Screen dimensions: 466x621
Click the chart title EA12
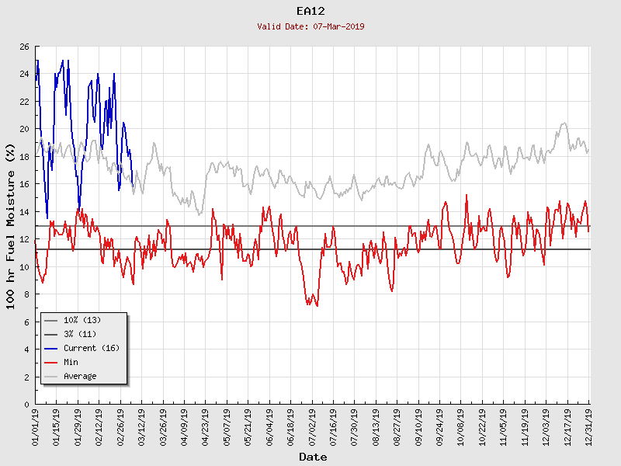tap(310, 11)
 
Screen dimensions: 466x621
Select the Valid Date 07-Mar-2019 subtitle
tap(310, 26)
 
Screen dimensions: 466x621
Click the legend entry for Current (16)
tap(91, 348)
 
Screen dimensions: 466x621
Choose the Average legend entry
tap(80, 376)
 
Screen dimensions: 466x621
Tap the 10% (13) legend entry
tap(82, 320)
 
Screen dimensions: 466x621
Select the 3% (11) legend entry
tap(80, 334)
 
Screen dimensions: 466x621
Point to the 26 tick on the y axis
tap(23, 47)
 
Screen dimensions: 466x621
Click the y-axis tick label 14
tap(23, 212)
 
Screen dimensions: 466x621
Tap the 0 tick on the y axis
tap(26, 405)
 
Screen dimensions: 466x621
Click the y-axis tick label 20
tap(23, 129)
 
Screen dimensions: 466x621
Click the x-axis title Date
tap(313, 457)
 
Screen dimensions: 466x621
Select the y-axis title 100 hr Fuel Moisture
tap(11, 225)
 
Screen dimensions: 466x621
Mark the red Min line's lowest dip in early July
tap(317, 306)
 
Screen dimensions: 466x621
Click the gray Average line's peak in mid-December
tap(564, 123)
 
